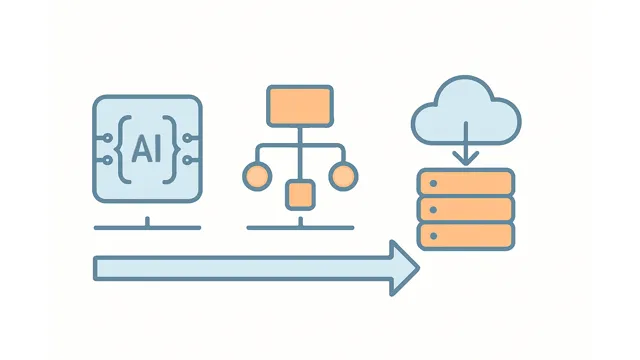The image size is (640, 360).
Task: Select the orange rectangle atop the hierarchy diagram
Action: point(299,105)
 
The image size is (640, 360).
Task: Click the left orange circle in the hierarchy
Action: point(256,177)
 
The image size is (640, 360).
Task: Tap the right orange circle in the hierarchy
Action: point(343,177)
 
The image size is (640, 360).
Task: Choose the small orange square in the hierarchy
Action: point(299,194)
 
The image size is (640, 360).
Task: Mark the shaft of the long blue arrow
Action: point(240,268)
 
